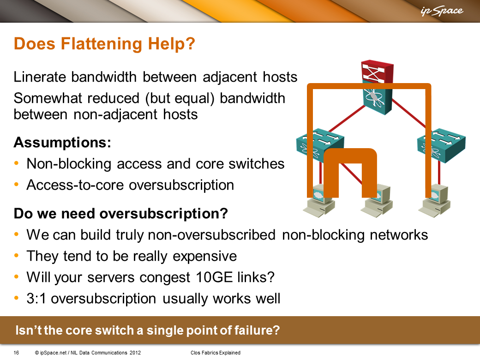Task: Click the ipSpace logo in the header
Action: tap(442, 11)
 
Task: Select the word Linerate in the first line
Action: tap(40, 77)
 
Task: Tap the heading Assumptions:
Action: tap(62, 142)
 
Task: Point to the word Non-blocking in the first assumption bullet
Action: tap(69, 163)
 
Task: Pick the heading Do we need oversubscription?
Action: tap(121, 213)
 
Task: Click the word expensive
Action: tap(204, 256)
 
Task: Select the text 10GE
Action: tap(214, 277)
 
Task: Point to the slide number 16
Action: tap(16, 353)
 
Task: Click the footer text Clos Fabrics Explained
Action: tap(216, 353)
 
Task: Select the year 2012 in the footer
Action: tap(135, 353)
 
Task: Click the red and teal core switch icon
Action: tap(377, 87)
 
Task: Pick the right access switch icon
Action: tap(441, 145)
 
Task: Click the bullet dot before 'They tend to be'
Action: tap(17, 256)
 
